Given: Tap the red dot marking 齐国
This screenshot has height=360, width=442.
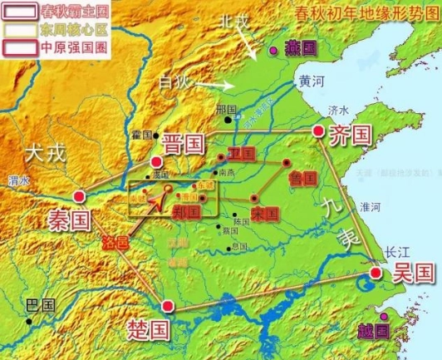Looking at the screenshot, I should (x=317, y=131).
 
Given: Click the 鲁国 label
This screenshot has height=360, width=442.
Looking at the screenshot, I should (x=302, y=178).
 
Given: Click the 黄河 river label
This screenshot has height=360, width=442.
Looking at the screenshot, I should (x=312, y=81).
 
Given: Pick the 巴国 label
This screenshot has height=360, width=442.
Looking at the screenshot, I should (x=40, y=304).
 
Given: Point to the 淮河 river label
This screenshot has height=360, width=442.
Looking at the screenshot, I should (x=371, y=206).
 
